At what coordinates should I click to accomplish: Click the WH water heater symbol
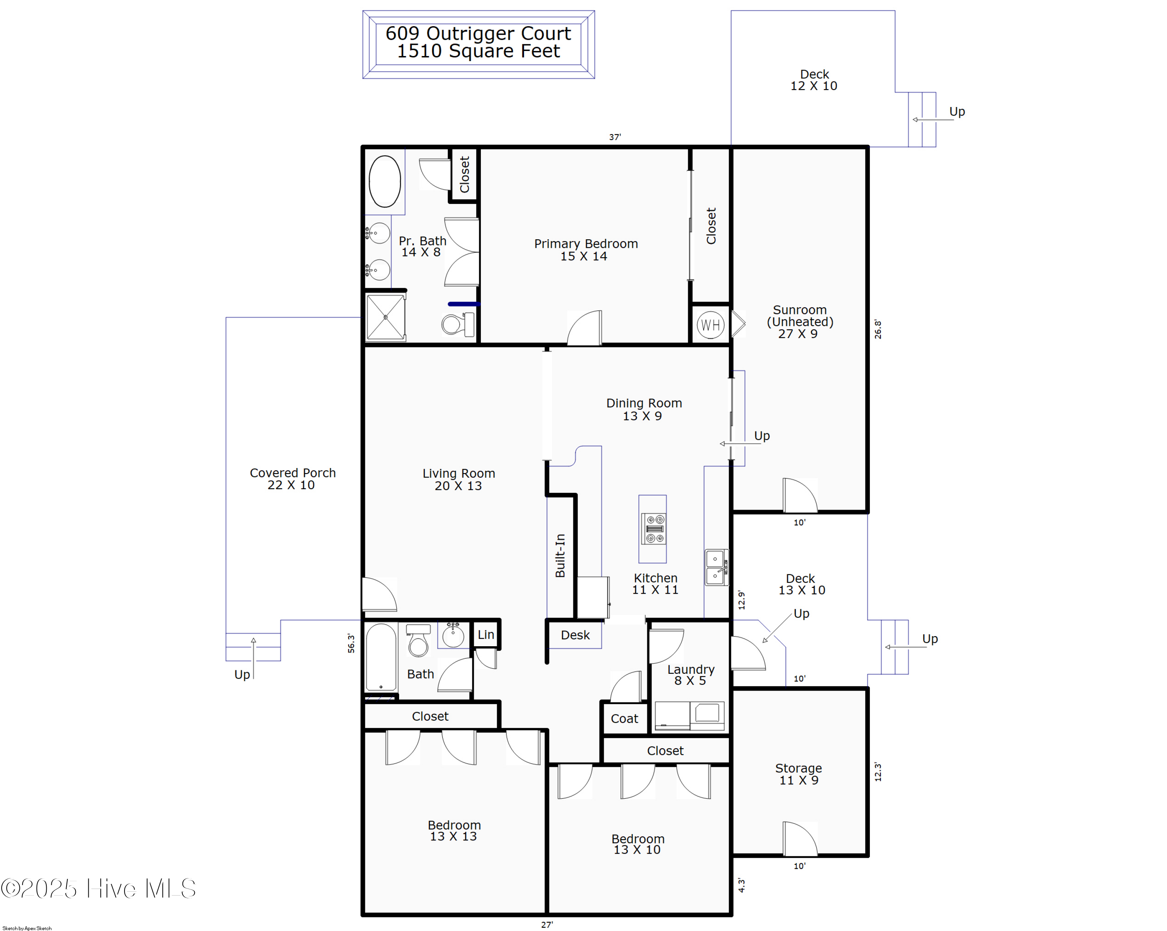710,325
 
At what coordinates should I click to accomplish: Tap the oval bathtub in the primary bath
384,181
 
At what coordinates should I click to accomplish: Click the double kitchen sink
716,567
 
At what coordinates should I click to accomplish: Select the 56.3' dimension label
351,643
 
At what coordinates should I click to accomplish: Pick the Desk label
575,635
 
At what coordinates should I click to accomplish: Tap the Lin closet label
485,635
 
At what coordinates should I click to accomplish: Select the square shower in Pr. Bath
385,317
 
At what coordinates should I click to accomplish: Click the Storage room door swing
799,839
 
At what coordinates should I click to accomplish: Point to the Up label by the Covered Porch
242,675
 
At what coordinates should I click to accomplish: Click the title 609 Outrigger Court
478,33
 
